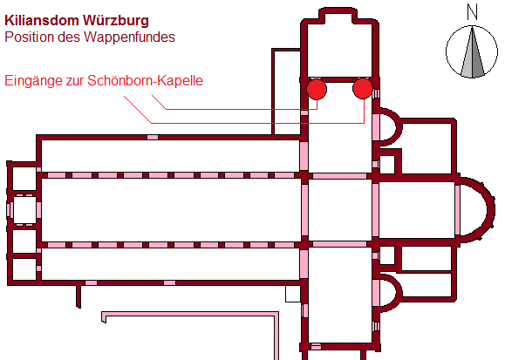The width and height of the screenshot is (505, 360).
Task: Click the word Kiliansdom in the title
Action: [42, 20]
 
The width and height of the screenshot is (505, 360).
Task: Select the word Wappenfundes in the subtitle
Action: [129, 37]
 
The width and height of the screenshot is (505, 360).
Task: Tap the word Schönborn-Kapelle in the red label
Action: [145, 80]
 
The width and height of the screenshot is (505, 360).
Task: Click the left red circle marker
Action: [317, 89]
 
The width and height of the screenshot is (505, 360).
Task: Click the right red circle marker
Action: [363, 88]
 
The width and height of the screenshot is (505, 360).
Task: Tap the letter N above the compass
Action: [472, 12]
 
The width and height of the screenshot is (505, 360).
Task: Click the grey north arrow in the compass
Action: [472, 52]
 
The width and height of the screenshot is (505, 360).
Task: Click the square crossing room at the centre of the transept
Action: [340, 210]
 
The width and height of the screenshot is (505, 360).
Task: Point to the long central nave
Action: [171, 210]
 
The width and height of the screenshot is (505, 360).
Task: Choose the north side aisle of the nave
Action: [171, 156]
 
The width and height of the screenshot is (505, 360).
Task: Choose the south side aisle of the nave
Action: [171, 264]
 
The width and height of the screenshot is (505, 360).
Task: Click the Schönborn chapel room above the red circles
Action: [339, 45]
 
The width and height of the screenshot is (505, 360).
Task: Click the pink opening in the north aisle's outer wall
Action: [153, 138]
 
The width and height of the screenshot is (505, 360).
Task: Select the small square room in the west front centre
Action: [24, 210]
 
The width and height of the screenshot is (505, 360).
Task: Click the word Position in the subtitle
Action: [30, 37]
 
